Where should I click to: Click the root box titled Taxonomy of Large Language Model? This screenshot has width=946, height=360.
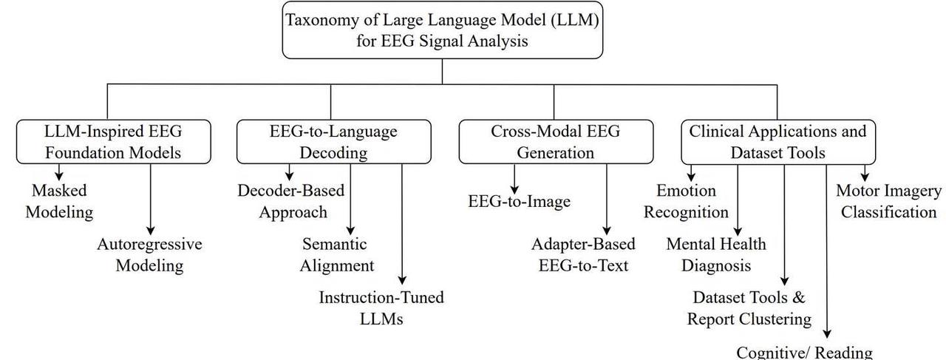442,30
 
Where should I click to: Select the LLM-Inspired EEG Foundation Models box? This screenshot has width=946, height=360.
114,141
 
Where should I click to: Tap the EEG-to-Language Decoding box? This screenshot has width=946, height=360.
333,141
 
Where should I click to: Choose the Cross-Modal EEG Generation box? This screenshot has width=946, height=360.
556,141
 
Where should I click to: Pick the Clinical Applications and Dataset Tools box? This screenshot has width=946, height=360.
778,142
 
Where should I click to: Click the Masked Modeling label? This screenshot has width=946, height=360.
59,201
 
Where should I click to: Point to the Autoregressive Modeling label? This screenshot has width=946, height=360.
149,255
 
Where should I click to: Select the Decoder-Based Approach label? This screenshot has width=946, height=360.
291,201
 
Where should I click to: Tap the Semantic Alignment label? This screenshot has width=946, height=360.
336,255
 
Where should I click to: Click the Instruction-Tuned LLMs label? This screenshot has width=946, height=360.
381,308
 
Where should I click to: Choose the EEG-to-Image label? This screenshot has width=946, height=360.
519,201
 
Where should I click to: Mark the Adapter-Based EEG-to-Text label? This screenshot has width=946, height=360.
583,255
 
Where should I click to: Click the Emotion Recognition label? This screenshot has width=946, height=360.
686,201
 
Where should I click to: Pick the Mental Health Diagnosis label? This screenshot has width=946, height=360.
716,255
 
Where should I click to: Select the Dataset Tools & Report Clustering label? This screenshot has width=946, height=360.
749,308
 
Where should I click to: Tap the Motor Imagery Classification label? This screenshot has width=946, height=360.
888,201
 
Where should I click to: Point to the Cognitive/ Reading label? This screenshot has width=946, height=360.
804,353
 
